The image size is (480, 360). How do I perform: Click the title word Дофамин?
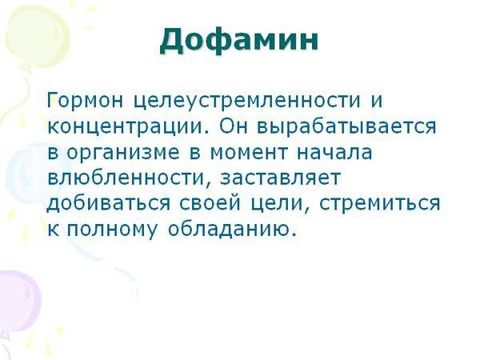(239, 41)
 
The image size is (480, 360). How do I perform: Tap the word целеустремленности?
(247, 101)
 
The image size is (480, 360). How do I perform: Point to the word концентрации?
(126, 126)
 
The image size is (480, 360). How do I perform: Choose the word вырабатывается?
(346, 126)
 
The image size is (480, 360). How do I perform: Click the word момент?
(249, 152)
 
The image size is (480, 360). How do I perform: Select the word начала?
(334, 152)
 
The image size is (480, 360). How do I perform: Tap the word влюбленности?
(126, 178)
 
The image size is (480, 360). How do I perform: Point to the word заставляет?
(280, 178)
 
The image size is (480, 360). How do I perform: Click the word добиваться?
(108, 203)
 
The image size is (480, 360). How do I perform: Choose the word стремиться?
(380, 204)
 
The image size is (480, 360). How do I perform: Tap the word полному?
(112, 230)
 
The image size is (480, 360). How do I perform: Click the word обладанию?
(232, 228)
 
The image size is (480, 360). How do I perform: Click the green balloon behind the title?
(38, 37)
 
